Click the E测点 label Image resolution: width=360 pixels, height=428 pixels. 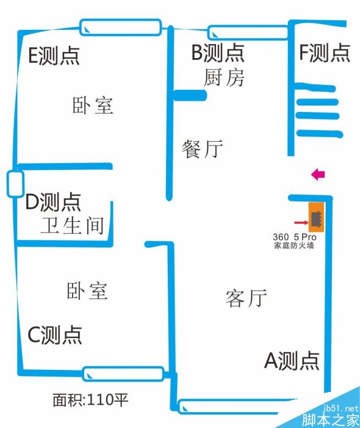click(54, 56)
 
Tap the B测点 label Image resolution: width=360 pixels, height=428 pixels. click(218, 53)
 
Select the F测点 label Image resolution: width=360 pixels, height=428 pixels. click(325, 53)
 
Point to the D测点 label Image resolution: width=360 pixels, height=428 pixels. click(53, 202)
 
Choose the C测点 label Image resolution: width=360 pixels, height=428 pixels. click(55, 334)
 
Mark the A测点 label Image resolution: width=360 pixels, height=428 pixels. click(292, 361)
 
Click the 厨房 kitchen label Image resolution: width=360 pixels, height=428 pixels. click(224, 78)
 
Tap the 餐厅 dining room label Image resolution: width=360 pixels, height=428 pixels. click(203, 149)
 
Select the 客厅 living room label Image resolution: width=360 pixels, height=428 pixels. click(246, 298)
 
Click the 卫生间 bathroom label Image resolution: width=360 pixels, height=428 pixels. click(72, 226)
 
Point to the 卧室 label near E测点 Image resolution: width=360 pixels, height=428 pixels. click(93, 105)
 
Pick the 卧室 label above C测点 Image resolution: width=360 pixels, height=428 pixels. click(87, 291)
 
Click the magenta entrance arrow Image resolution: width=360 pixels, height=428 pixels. click(318, 174)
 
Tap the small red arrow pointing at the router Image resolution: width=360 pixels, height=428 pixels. click(301, 223)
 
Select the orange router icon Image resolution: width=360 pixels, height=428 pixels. click(316, 218)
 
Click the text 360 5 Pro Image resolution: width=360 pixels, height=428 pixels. click(294, 237)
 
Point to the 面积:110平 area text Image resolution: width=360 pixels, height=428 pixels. click(90, 400)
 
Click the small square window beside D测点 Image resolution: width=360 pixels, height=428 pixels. click(15, 183)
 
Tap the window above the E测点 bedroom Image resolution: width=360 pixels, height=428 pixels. click(121, 27)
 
